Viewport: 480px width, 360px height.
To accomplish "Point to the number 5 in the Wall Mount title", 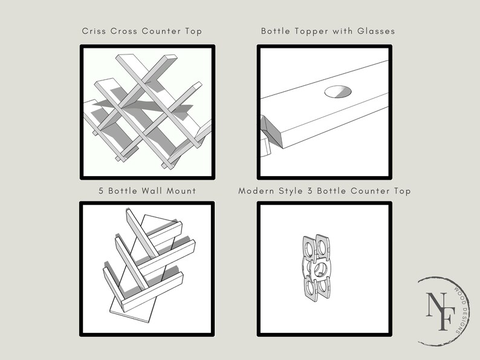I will (x=102, y=191).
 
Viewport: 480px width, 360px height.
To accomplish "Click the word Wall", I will (x=146, y=191).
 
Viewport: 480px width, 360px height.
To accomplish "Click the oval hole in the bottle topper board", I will (x=337, y=92).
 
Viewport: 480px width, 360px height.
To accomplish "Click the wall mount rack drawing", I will (x=145, y=266).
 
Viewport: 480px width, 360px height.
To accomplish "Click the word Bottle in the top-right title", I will (x=274, y=30).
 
